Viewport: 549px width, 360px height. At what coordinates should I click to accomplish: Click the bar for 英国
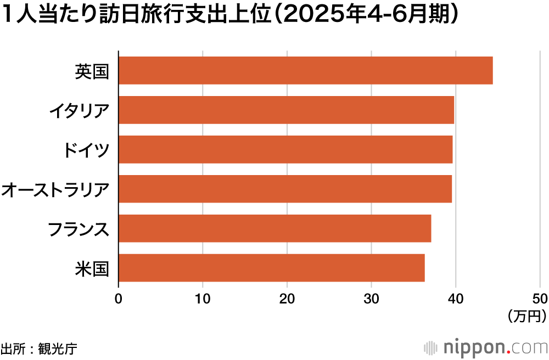(305, 70)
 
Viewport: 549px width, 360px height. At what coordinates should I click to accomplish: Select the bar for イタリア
(286, 110)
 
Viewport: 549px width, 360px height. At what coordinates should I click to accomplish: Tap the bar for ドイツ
(285, 149)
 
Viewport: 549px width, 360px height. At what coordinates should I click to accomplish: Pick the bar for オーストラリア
(285, 189)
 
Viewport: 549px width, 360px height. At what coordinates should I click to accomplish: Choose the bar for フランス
(274, 228)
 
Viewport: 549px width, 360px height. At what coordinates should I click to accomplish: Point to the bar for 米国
(271, 268)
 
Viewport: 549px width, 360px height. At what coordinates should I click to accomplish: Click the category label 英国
(92, 71)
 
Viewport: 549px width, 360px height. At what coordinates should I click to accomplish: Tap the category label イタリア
(79, 110)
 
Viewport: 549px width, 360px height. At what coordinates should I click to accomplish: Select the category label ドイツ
(86, 150)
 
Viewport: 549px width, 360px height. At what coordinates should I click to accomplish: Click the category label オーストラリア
(55, 189)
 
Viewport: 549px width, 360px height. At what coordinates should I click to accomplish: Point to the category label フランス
(79, 229)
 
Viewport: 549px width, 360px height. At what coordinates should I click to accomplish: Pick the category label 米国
(92, 268)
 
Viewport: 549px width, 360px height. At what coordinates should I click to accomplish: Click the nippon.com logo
(486, 347)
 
